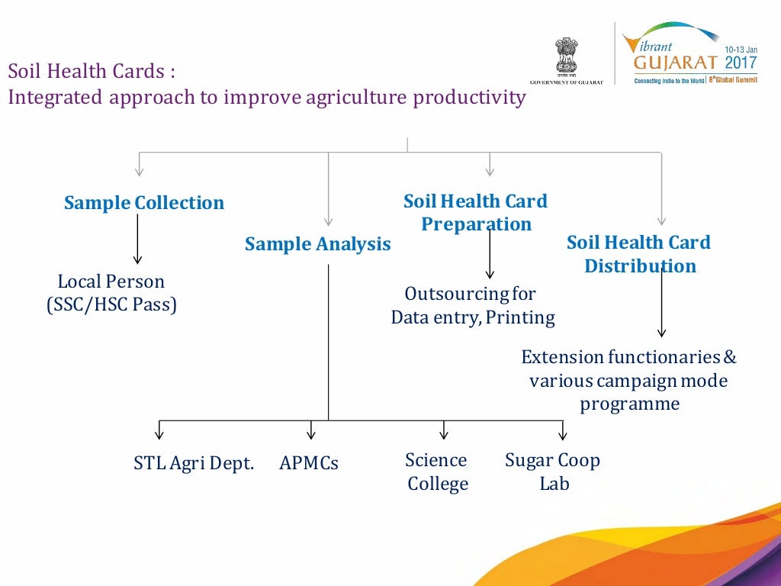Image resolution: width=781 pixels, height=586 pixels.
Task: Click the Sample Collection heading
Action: pyautogui.click(x=144, y=203)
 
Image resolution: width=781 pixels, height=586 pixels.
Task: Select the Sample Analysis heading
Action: pyautogui.click(x=317, y=244)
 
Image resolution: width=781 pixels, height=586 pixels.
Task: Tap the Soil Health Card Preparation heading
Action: pyautogui.click(x=475, y=213)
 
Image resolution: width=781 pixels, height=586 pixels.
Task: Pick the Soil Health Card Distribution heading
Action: pyautogui.click(x=638, y=254)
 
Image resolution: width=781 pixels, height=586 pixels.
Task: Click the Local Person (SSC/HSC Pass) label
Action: pyautogui.click(x=111, y=294)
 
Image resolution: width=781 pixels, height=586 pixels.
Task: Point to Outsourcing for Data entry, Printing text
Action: pyautogui.click(x=472, y=305)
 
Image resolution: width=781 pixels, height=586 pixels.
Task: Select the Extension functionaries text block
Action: pyautogui.click(x=628, y=380)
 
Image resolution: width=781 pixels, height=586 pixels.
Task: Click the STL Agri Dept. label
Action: pyautogui.click(x=194, y=462)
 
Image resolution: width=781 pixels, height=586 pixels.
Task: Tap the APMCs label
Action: pyautogui.click(x=309, y=463)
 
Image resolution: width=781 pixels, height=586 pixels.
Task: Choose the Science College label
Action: pyautogui.click(x=437, y=472)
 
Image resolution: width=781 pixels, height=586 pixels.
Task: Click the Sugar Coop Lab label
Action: pyautogui.click(x=553, y=472)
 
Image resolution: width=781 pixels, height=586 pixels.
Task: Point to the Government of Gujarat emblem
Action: pyautogui.click(x=567, y=58)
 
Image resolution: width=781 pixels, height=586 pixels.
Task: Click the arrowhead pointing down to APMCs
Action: pyautogui.click(x=311, y=435)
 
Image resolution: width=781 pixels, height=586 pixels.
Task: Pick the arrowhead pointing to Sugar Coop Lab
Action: pyautogui.click(x=563, y=436)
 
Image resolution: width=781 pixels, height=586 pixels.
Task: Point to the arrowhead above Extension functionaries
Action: pyautogui.click(x=662, y=332)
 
